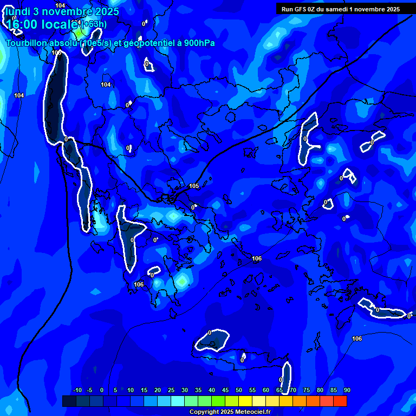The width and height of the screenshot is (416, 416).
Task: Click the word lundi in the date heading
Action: point(18,11)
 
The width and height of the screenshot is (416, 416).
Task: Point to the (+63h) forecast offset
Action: point(94,24)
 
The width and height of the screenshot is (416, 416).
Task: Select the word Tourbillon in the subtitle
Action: point(27,43)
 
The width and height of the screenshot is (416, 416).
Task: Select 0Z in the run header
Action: point(313,9)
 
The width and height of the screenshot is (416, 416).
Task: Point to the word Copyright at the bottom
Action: point(205,412)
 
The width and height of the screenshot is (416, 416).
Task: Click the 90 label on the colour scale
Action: point(347,391)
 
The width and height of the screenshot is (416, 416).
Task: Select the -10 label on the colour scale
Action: point(77,391)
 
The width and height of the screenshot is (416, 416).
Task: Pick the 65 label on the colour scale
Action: point(279,391)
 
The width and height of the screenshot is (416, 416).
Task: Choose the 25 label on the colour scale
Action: point(171,391)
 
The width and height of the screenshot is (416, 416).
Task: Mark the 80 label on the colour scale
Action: point(320,391)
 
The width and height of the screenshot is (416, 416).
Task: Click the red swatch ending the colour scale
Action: point(340,401)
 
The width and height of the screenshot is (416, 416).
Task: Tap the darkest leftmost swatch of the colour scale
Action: point(69,401)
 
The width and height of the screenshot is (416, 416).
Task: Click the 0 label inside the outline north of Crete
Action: point(210,333)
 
